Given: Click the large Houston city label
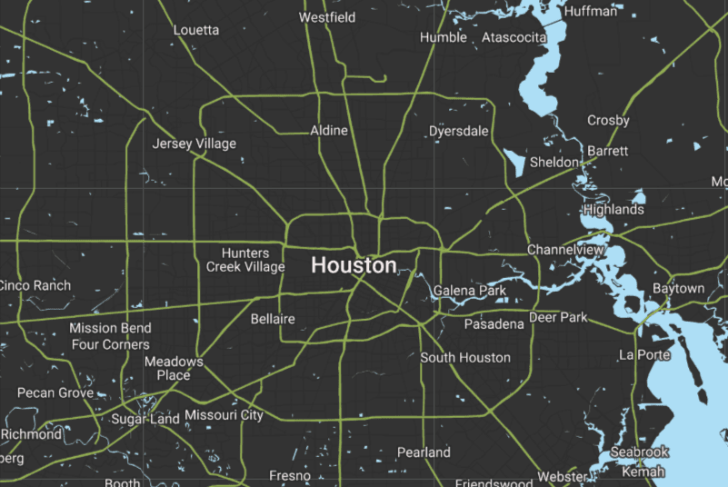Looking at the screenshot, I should pyautogui.click(x=354, y=265).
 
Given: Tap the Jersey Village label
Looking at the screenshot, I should pyautogui.click(x=194, y=144).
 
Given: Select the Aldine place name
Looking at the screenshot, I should pyautogui.click(x=329, y=131).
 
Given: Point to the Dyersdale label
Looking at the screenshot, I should pyautogui.click(x=459, y=132).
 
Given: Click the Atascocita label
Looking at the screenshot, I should pyautogui.click(x=514, y=37).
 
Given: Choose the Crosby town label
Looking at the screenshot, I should pyautogui.click(x=608, y=121).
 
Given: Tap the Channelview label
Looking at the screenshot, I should pyautogui.click(x=566, y=249).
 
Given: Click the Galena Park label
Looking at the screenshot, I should pyautogui.click(x=470, y=291).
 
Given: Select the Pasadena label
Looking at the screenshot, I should pyautogui.click(x=494, y=324).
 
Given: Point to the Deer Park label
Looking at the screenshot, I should pyautogui.click(x=558, y=318).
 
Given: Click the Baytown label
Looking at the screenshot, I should pyautogui.click(x=678, y=289).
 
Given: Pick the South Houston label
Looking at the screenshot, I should pyautogui.click(x=465, y=358).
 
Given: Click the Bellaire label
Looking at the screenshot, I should pyautogui.click(x=273, y=319).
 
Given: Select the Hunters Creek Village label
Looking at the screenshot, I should pyautogui.click(x=245, y=260).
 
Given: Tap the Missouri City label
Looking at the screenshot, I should pyautogui.click(x=224, y=415).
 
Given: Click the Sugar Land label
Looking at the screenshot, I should pyautogui.click(x=145, y=419).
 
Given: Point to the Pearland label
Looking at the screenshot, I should pyautogui.click(x=424, y=452).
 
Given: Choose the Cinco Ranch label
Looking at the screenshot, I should pyautogui.click(x=35, y=285).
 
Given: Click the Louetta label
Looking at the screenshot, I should pyautogui.click(x=196, y=30).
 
